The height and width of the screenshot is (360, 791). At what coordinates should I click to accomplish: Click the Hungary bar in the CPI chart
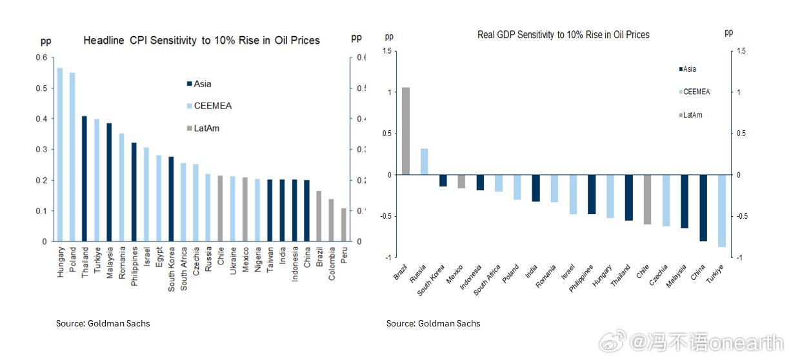point(60,155)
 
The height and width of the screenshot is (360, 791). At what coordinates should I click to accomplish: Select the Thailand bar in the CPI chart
point(84,179)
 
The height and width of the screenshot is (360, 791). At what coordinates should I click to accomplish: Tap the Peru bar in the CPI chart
point(343,225)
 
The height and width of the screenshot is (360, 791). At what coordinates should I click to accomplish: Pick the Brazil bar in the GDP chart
point(406,131)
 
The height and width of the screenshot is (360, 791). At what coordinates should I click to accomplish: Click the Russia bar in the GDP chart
point(424,162)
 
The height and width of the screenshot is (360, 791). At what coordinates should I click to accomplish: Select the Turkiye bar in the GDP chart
point(721,211)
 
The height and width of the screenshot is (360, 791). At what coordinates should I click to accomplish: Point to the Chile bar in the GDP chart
point(647,199)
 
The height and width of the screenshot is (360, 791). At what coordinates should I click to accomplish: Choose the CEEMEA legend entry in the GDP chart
point(696,92)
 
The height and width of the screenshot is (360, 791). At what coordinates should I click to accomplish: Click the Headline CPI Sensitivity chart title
point(201,41)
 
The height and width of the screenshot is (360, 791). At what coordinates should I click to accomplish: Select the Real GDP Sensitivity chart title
point(563,34)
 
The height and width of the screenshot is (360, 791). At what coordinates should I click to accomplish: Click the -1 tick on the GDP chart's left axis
point(388,257)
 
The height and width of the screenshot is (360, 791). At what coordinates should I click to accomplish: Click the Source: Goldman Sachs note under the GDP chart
point(433,323)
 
